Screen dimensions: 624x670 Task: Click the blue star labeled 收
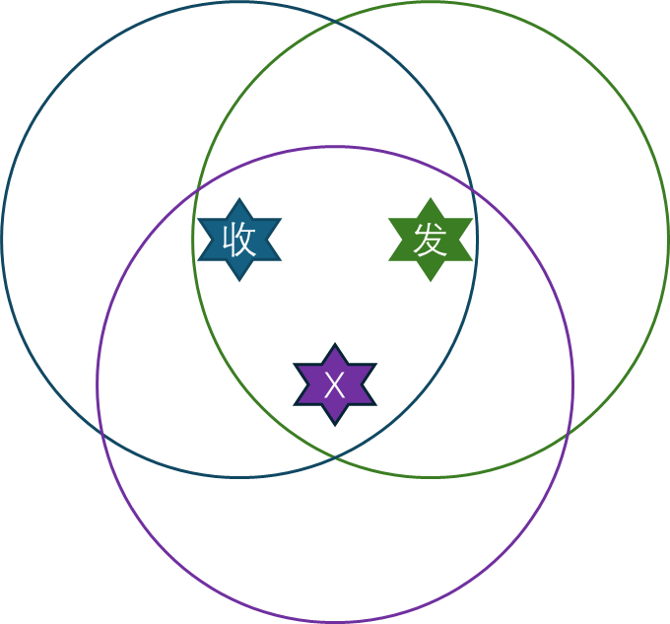[239, 240]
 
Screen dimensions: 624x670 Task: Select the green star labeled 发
[431, 240]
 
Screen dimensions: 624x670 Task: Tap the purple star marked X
[335, 384]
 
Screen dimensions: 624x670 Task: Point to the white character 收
[239, 240]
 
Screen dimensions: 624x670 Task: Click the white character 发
[431, 240]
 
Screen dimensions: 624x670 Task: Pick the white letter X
[335, 385]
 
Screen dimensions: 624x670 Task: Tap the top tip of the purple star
[335, 343]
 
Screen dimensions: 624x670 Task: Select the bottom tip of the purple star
[335, 427]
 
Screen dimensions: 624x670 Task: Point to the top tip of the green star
[431, 197]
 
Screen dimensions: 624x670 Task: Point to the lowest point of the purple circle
[335, 622]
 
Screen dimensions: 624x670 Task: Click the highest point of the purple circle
[335, 147]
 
